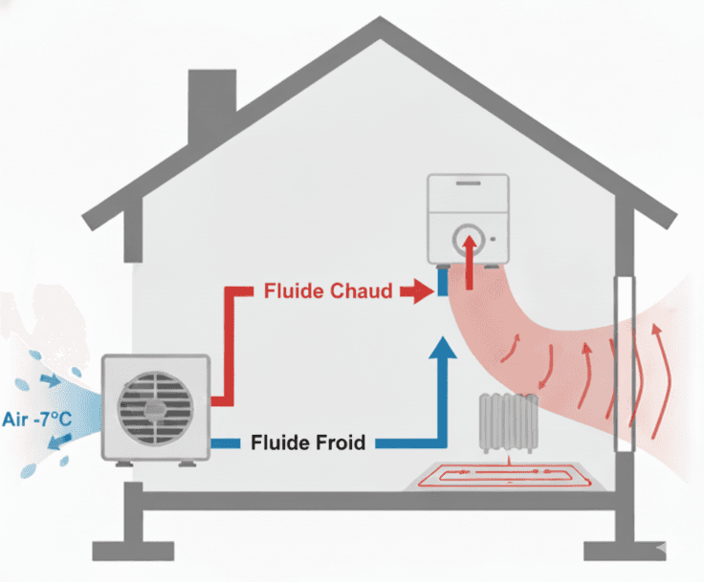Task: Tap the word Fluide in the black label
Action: click(278, 443)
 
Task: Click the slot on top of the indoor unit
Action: click(469, 182)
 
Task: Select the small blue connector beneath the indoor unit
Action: click(443, 284)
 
